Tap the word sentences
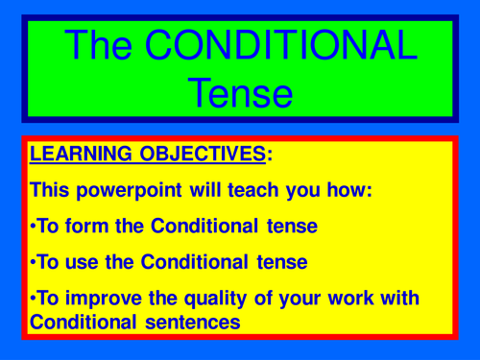click(197, 323)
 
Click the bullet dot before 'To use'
click(34, 261)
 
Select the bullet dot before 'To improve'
click(34, 298)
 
